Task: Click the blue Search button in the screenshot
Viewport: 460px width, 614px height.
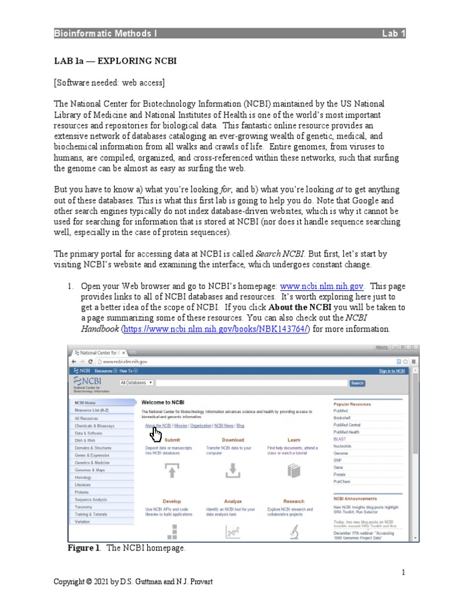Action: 357,383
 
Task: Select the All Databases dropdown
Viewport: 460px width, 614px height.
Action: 137,383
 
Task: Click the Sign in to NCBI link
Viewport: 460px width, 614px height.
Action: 392,371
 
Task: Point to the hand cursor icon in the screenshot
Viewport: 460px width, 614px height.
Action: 156,434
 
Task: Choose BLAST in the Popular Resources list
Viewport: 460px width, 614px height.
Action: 340,439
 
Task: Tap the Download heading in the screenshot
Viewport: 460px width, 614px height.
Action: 233,440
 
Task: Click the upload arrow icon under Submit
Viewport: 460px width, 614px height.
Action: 172,472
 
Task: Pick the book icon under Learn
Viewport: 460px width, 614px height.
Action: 293,472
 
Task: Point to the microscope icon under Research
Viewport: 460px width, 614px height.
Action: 294,531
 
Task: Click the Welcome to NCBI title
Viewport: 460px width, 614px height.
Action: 164,403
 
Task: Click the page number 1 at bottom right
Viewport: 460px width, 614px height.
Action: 404,572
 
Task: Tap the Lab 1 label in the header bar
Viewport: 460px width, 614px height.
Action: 394,34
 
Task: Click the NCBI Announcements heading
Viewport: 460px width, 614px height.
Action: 355,498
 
